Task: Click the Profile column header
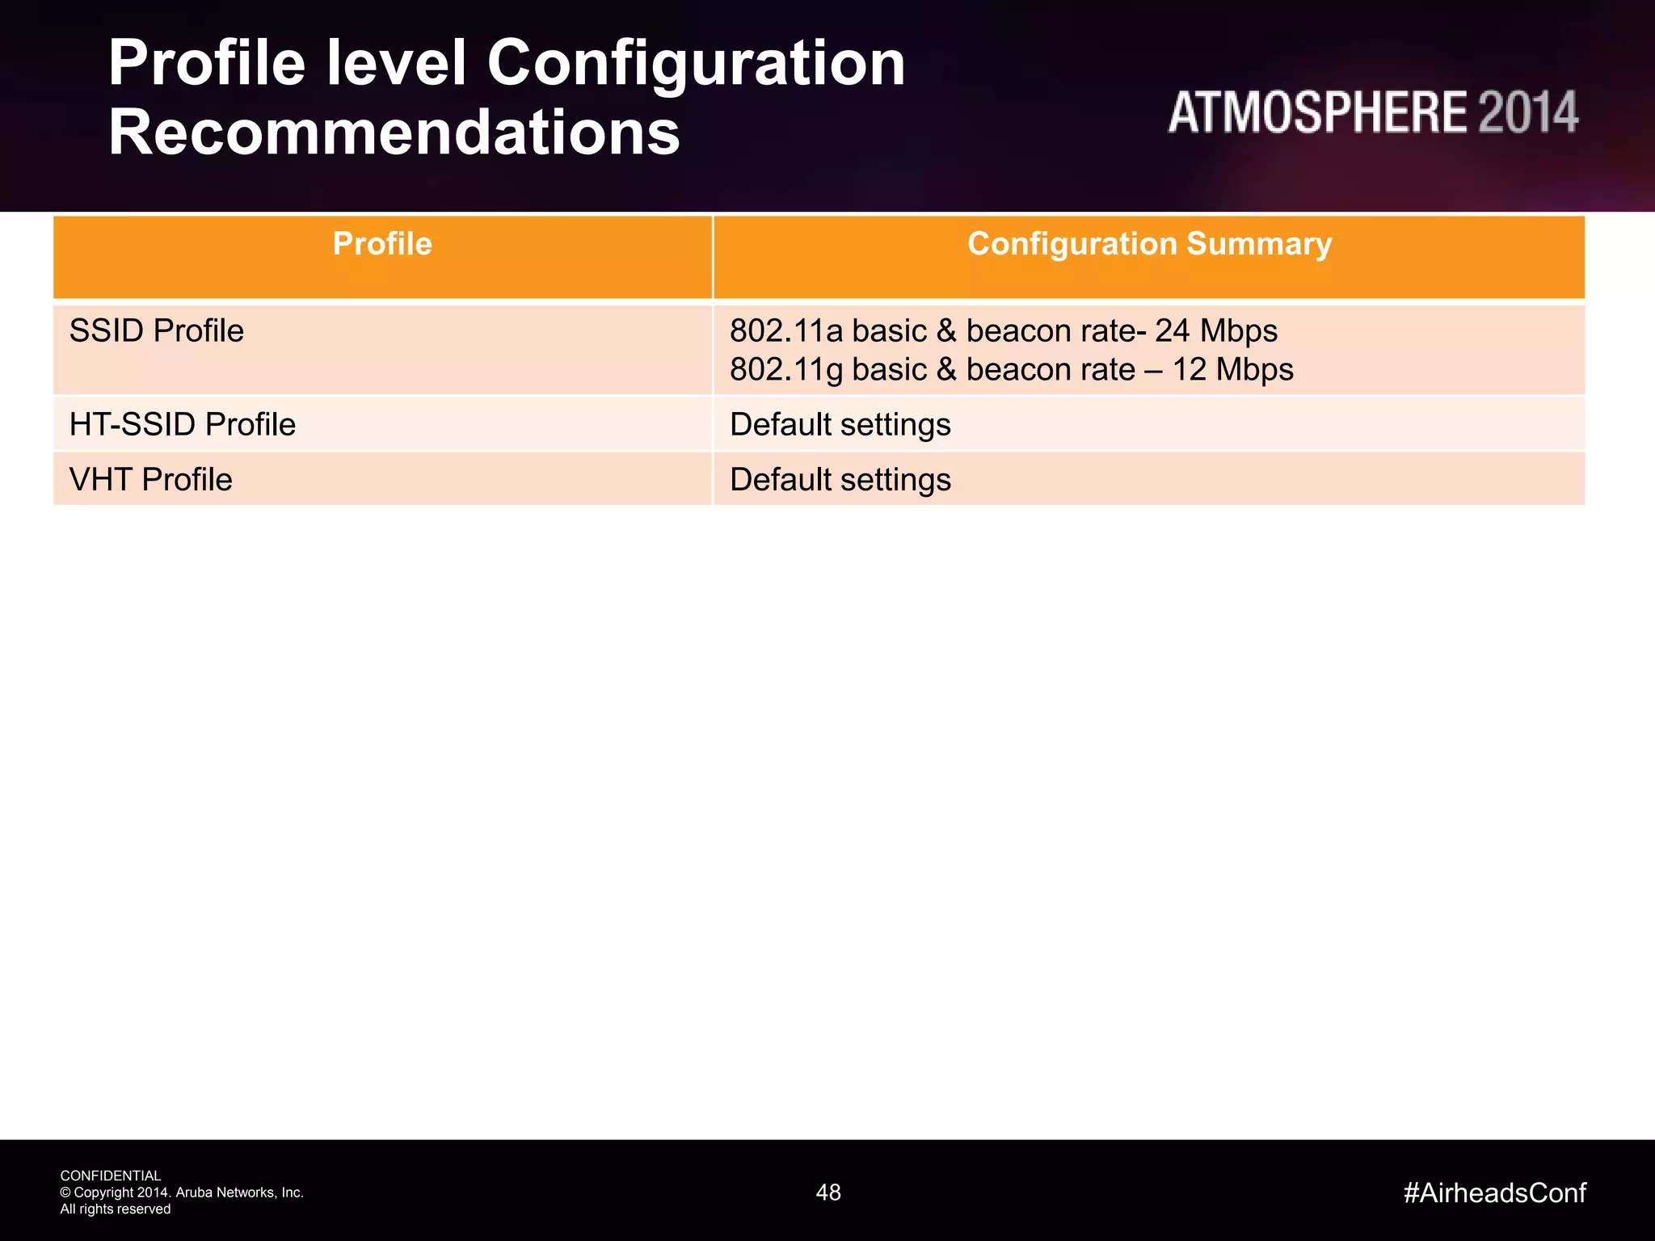382,244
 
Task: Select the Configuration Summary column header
1149,244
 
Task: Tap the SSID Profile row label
157,331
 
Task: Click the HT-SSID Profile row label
183,425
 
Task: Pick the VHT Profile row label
151,480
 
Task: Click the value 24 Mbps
1216,331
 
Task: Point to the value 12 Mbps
1232,370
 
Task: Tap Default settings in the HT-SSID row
840,425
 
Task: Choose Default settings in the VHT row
840,480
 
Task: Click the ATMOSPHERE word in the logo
1317,112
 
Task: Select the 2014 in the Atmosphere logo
1528,112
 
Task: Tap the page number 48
828,1193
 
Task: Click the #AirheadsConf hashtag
1495,1193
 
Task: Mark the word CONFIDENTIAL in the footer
111,1176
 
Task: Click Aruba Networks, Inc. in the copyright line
239,1193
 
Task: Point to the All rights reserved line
116,1209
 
